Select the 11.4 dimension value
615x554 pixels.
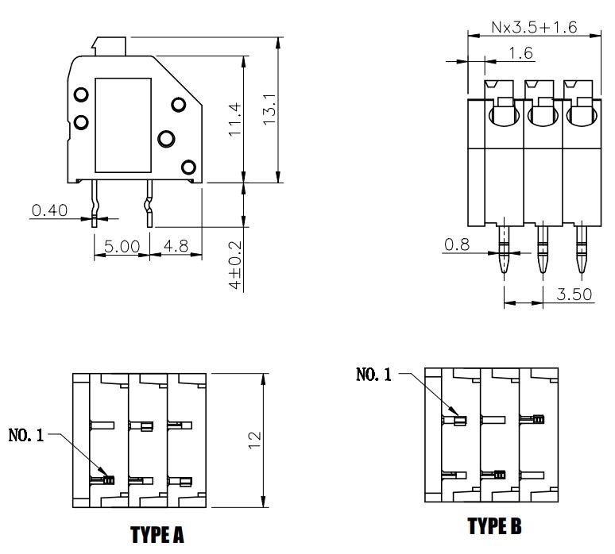235,120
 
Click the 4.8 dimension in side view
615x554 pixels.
175,247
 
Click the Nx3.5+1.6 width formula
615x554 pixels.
533,27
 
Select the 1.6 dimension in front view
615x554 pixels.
519,52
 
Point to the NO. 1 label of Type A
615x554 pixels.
26,435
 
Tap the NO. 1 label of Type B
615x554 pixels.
373,375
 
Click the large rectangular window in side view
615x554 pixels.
123,125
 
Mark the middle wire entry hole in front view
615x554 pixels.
542,116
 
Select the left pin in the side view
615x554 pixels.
95,202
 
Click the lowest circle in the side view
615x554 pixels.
188,167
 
